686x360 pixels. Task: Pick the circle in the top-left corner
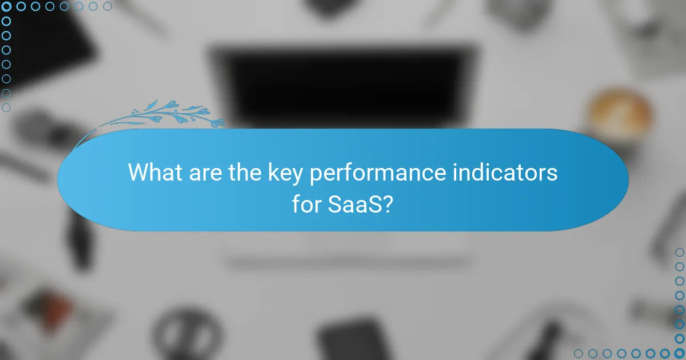click(x=7, y=7)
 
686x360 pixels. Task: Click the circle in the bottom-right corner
click(x=679, y=353)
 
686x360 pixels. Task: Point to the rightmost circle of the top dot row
click(x=107, y=7)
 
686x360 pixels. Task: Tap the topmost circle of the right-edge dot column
click(x=679, y=252)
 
